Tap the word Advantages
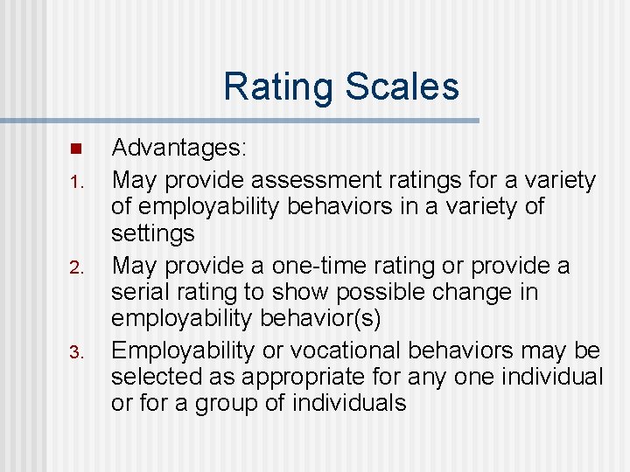tap(180, 150)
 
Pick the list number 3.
tap(76, 353)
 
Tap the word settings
tap(152, 235)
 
